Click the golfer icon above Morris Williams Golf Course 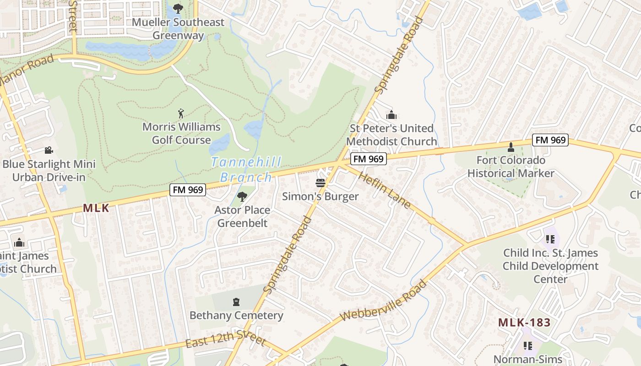(x=181, y=113)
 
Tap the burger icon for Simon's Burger (x=320, y=183)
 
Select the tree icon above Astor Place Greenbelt (x=242, y=197)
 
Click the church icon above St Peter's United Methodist (x=391, y=114)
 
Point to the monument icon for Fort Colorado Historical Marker (x=511, y=147)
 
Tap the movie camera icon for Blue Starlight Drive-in (x=49, y=151)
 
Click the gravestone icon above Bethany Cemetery (x=236, y=302)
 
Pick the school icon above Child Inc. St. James (x=550, y=239)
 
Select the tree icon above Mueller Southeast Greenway (x=178, y=8)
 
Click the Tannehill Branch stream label (x=246, y=169)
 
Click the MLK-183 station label (x=524, y=322)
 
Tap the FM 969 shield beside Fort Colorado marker (x=550, y=140)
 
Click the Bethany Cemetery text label (x=236, y=315)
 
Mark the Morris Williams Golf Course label (x=181, y=133)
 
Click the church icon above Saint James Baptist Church (x=19, y=242)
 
